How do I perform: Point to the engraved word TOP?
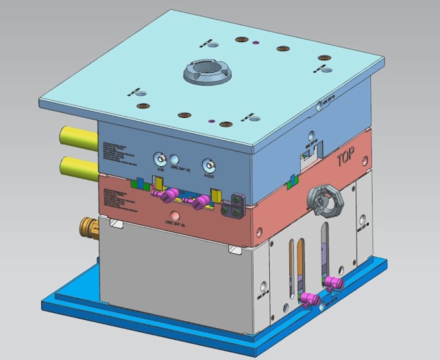[x=349, y=159]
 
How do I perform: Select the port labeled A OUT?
[x=208, y=165]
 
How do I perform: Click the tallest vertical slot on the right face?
[x=324, y=249]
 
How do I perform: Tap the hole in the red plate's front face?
[x=175, y=216]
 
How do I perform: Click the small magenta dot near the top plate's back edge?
[x=256, y=43]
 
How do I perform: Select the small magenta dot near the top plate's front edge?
[x=211, y=120]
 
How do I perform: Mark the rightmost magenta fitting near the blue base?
[x=334, y=282]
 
